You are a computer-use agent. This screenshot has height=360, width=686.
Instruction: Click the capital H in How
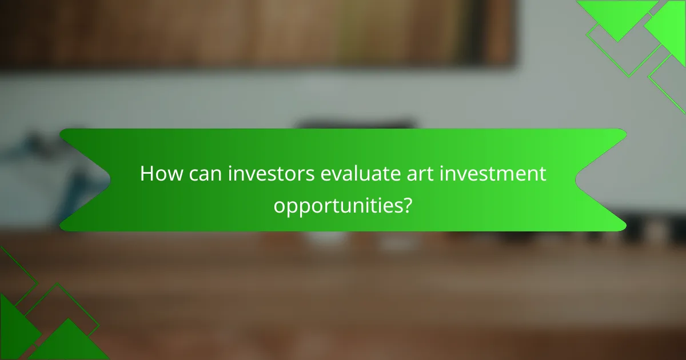pos(146,174)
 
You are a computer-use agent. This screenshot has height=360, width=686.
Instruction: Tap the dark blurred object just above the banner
pos(354,124)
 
